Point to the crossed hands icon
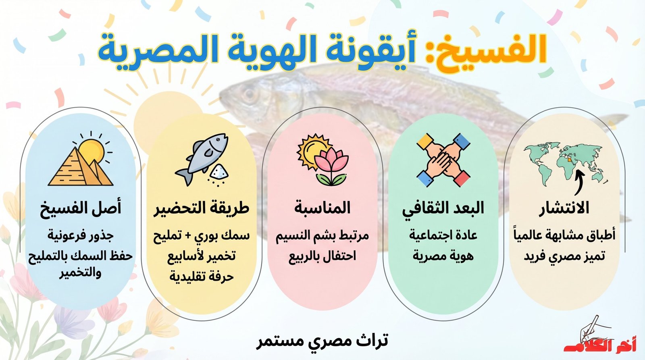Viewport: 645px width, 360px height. click(443, 160)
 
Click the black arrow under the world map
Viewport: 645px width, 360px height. click(579, 183)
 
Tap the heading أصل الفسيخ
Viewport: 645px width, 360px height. click(80, 208)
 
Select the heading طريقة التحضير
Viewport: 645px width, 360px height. click(201, 208)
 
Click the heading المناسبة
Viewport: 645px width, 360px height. click(322, 208)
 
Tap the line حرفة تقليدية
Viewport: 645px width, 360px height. click(201, 277)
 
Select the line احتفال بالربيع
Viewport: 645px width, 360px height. click(322, 256)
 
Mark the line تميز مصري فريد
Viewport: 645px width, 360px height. click(564, 256)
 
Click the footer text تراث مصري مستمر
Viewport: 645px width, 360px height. click(322, 341)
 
